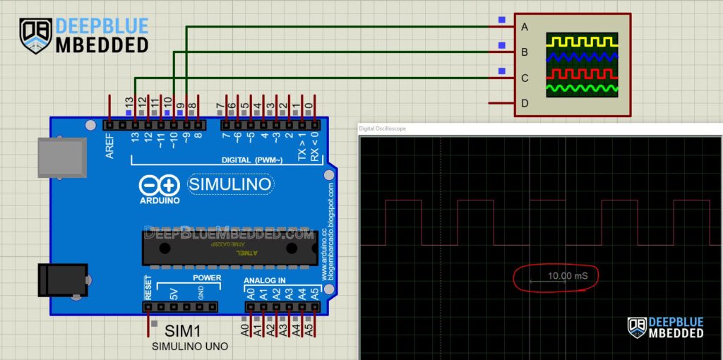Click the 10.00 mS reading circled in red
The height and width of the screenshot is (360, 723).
click(x=567, y=275)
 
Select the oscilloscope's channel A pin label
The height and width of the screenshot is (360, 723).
click(x=525, y=28)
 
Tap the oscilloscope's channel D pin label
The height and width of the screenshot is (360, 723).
click(x=525, y=104)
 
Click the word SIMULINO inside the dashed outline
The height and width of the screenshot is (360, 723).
click(x=230, y=185)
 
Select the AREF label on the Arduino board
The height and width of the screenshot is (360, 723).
click(x=110, y=144)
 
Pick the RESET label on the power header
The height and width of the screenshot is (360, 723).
click(x=148, y=287)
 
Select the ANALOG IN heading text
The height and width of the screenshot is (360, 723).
click(x=264, y=280)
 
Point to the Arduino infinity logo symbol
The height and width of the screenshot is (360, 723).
click(x=160, y=186)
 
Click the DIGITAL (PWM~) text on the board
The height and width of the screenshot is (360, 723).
click(x=252, y=160)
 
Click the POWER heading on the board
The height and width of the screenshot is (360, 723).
click(x=207, y=277)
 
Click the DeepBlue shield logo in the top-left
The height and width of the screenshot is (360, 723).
click(x=35, y=35)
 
